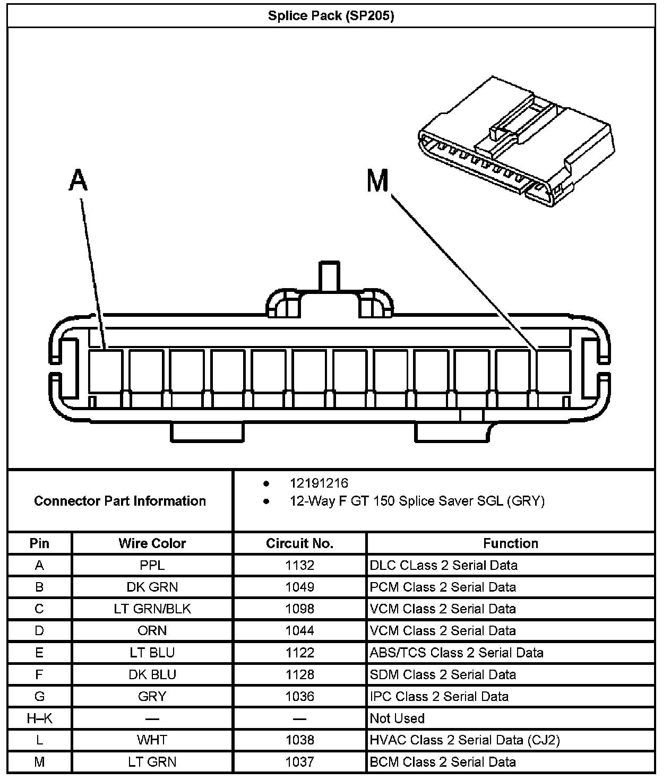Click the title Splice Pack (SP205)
331,16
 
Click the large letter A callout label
78,180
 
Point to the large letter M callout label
377,181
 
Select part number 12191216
319,483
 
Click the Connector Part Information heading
120,501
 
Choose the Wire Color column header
152,543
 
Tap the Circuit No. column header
299,543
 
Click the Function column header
510,543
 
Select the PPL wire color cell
152,565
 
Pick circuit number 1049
299,587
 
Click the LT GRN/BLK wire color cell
152,609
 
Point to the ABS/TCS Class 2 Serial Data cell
457,653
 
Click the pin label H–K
39,718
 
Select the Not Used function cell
397,718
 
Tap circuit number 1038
299,740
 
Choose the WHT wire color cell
152,740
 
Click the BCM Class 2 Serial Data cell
443,762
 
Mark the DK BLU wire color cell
152,674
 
